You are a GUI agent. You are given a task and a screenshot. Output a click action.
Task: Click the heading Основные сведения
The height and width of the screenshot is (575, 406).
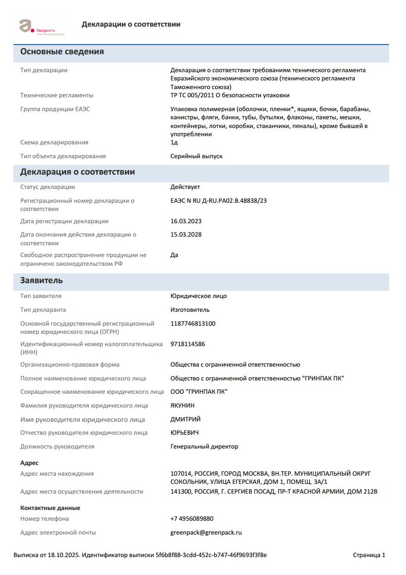(x=62, y=52)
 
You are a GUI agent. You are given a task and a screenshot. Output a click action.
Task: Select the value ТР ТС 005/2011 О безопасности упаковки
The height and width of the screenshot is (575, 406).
(x=230, y=95)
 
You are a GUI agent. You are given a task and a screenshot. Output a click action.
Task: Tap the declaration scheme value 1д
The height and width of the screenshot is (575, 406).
(x=174, y=142)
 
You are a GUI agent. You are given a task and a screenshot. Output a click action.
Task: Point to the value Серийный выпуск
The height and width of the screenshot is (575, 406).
(x=196, y=156)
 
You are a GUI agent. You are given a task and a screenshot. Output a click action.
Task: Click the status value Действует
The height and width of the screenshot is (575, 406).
(x=185, y=187)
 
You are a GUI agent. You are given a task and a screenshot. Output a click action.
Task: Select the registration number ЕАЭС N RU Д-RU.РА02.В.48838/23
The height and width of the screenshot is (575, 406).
(x=218, y=201)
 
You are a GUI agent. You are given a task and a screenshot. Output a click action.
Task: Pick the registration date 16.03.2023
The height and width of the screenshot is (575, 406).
(x=186, y=221)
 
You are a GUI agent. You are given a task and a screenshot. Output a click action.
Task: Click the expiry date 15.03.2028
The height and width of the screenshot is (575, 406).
(x=186, y=235)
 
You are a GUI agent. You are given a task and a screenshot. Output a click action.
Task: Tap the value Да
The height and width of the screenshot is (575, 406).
(x=174, y=255)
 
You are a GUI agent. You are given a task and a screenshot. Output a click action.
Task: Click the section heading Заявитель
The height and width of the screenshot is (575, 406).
(x=41, y=281)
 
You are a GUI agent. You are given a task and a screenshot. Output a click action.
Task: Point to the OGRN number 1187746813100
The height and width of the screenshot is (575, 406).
(x=193, y=324)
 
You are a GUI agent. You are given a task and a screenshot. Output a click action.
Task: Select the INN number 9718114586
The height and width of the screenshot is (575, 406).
(x=187, y=344)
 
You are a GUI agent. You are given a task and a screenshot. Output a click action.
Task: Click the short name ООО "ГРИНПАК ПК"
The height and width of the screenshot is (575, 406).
(x=199, y=392)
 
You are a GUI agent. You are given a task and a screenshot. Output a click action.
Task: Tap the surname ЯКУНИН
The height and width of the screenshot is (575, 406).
(x=182, y=406)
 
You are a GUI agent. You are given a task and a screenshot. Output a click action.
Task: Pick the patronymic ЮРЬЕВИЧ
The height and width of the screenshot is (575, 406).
(x=184, y=433)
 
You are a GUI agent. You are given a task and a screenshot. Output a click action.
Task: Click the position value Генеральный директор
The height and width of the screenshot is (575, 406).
(x=204, y=446)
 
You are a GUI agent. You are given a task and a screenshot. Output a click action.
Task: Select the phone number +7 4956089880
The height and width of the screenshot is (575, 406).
(x=191, y=519)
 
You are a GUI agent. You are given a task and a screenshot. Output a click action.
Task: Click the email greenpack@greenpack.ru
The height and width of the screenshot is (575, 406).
(x=206, y=533)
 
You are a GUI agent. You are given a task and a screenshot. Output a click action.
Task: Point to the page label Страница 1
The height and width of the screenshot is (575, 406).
(x=369, y=555)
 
